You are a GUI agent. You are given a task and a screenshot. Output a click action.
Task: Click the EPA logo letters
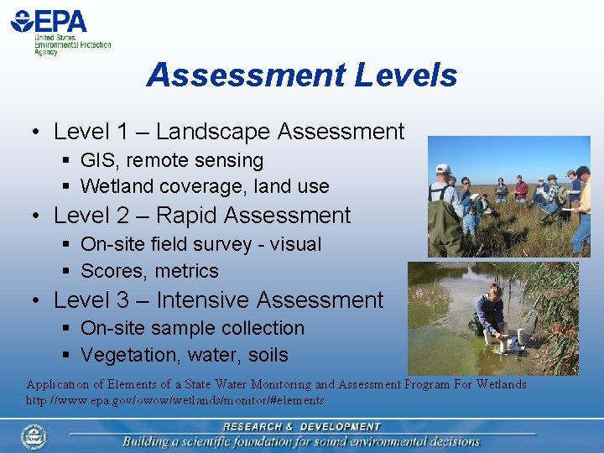60,21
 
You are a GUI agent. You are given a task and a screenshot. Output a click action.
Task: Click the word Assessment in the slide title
245,75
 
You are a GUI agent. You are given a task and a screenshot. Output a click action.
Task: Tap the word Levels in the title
405,75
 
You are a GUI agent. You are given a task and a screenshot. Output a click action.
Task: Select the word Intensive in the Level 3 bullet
204,299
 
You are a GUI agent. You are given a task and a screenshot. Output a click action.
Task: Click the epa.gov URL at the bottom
175,401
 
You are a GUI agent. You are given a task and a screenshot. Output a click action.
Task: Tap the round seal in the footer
34,436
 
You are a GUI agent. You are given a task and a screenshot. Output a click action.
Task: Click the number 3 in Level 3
122,299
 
